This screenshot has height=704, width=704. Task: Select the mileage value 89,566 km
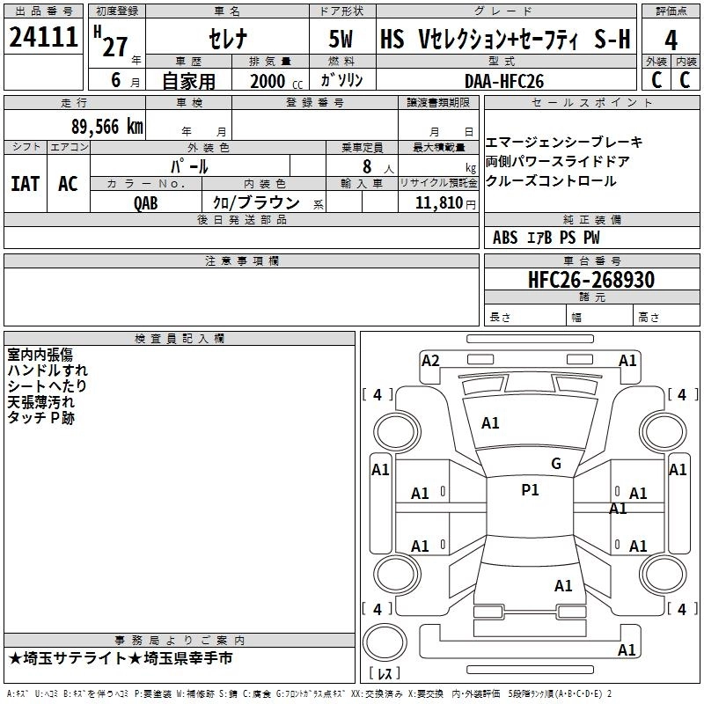coord(106,127)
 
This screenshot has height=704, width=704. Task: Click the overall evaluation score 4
coord(671,40)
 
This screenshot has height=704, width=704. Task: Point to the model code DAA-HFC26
coord(504,80)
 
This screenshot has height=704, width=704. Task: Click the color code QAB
coord(147,202)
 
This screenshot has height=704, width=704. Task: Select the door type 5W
coord(342,40)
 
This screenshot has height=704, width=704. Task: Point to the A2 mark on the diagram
coord(430,360)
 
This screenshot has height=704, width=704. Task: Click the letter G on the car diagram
coord(556,464)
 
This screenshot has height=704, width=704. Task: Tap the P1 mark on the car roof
coord(530,490)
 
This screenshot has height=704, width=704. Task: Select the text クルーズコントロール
coord(551,181)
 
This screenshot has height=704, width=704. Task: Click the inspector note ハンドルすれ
coord(48,370)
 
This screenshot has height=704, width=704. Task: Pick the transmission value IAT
coord(25,183)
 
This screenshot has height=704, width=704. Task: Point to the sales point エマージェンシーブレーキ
coord(564,143)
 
